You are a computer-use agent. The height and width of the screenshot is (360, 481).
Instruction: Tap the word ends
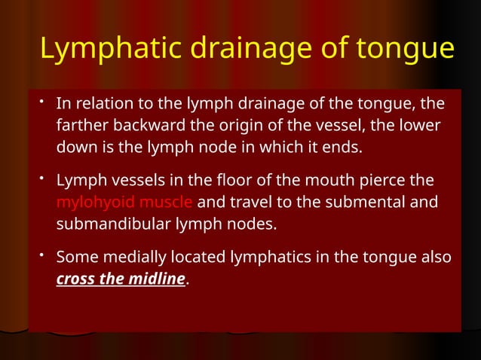(344, 146)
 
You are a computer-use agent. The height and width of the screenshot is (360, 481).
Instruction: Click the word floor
(239, 182)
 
